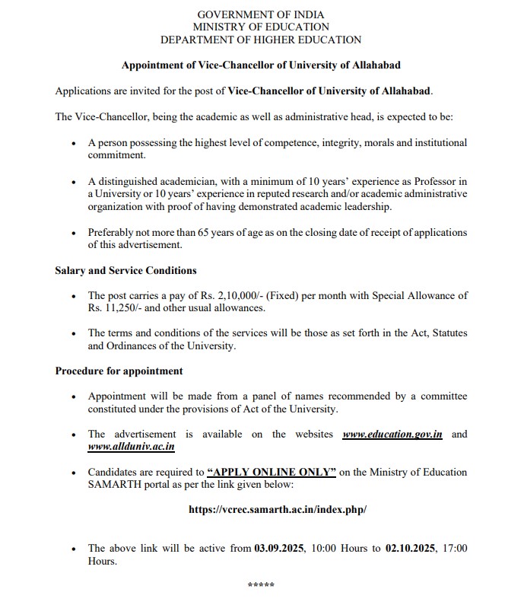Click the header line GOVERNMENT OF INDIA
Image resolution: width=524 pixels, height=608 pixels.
pyautogui.click(x=261, y=15)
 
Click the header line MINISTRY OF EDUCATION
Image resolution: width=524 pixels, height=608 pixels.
pyautogui.click(x=261, y=27)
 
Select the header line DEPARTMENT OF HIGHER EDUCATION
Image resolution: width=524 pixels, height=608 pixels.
pyautogui.click(x=261, y=40)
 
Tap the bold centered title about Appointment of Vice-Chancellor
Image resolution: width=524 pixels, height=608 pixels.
pyautogui.click(x=261, y=65)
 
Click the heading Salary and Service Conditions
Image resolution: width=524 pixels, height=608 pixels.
pyautogui.click(x=125, y=270)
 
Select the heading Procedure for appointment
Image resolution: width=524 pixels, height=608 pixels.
pyautogui.click(x=119, y=371)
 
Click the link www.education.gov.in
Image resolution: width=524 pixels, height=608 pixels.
pyautogui.click(x=392, y=434)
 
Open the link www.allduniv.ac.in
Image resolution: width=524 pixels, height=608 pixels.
pyautogui.click(x=132, y=447)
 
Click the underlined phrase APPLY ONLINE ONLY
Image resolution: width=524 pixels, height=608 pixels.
pyautogui.click(x=271, y=472)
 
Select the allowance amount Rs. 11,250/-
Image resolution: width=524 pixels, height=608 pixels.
pyautogui.click(x=116, y=308)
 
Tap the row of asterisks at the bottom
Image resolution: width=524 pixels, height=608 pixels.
pyautogui.click(x=261, y=584)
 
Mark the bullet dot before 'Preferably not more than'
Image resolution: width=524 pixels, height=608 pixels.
pyautogui.click(x=73, y=233)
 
